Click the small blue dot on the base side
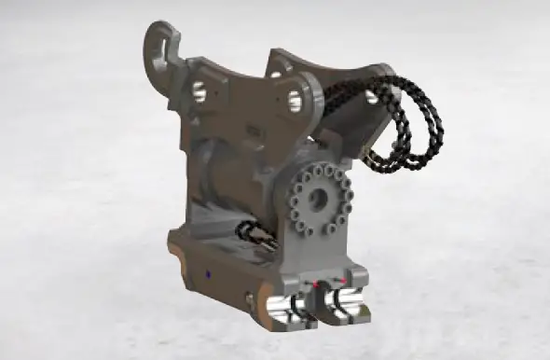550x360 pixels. [210, 274]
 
